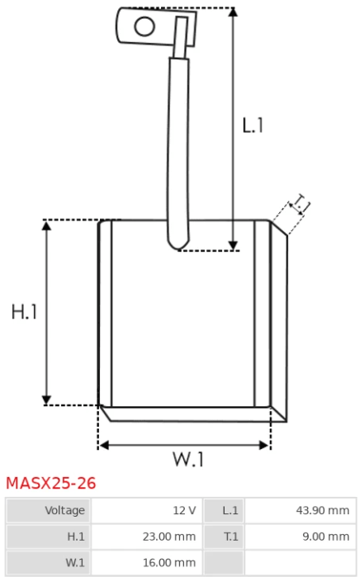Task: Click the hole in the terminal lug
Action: pyautogui.click(x=144, y=26)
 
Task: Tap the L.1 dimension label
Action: pyautogui.click(x=253, y=125)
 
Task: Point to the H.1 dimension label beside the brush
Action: pyautogui.click(x=24, y=312)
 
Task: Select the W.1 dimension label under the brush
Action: pyautogui.click(x=188, y=459)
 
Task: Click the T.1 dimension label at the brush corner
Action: pyautogui.click(x=300, y=204)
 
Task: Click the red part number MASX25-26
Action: pyautogui.click(x=51, y=483)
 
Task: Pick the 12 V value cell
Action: pyautogui.click(x=147, y=510)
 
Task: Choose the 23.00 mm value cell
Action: pyautogui.click(x=147, y=537)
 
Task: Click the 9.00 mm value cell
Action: pyautogui.click(x=301, y=537)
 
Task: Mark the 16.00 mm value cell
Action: pyautogui.click(x=147, y=563)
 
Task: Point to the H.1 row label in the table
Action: pyautogui.click(x=76, y=537)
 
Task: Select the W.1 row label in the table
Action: pyautogui.click(x=75, y=563)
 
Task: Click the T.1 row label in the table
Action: pyautogui.click(x=231, y=537)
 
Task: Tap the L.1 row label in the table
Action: pyautogui.click(x=231, y=511)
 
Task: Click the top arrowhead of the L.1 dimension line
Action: pyautogui.click(x=233, y=12)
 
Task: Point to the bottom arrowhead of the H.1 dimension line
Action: pyautogui.click(x=46, y=400)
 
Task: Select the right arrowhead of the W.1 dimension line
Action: pyautogui.click(x=264, y=445)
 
